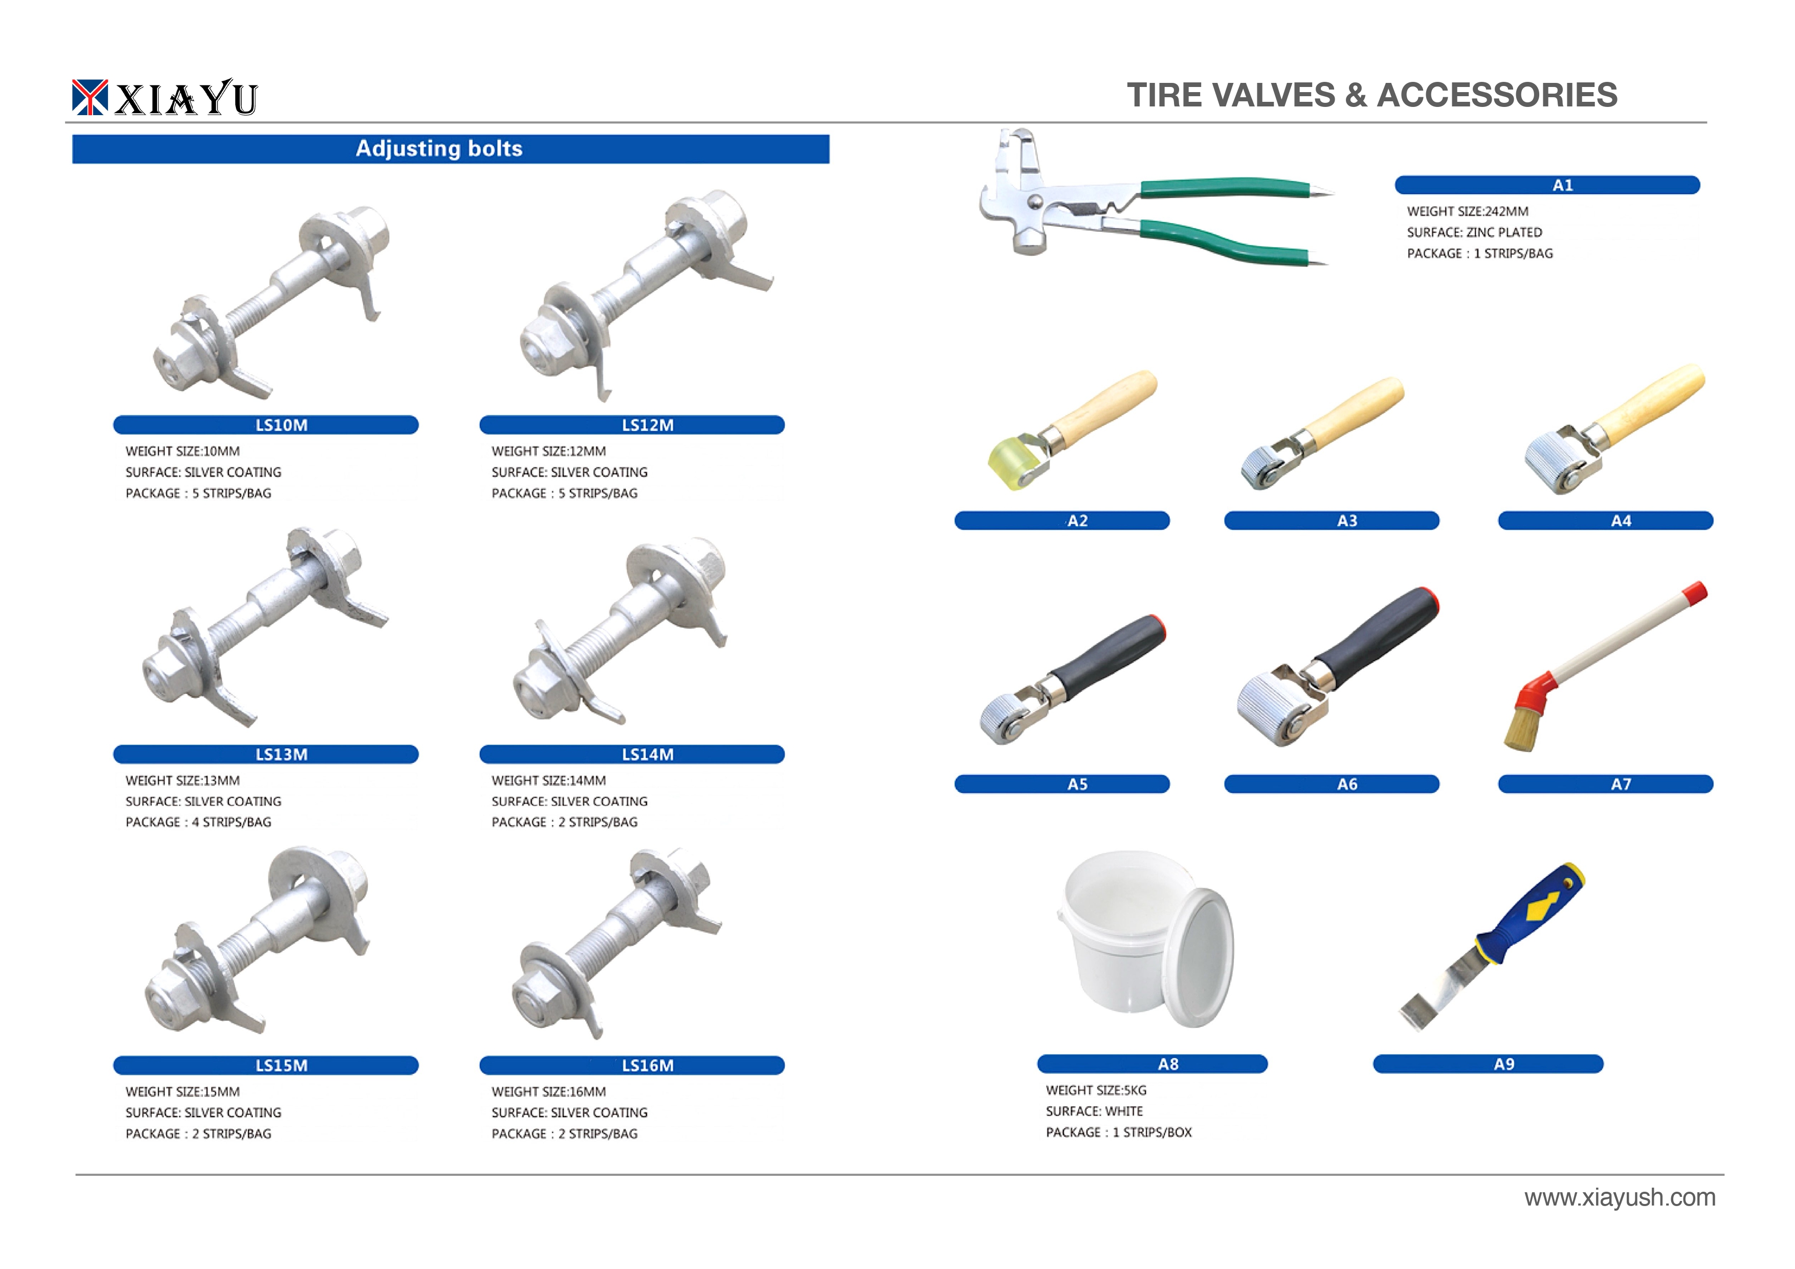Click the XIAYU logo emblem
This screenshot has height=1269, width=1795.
(89, 97)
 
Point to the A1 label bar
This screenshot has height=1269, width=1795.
(1547, 185)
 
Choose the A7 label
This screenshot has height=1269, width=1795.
(1605, 783)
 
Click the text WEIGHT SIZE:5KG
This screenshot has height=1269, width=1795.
(1096, 1090)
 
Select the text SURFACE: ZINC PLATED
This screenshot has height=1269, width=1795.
(1474, 232)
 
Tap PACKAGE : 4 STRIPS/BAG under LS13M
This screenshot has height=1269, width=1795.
(198, 822)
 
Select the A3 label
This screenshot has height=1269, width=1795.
(1332, 520)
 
